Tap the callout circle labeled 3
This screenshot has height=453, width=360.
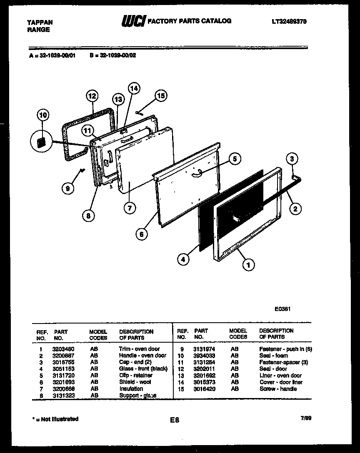(x=293, y=158)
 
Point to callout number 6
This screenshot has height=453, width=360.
(x=141, y=234)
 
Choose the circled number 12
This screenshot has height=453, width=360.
(x=92, y=96)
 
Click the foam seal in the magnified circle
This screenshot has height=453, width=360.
(x=41, y=143)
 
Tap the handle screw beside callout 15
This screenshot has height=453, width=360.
(x=139, y=112)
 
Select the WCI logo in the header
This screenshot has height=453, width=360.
(x=132, y=22)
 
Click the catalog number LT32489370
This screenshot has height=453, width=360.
(x=289, y=22)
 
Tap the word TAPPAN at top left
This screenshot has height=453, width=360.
(x=40, y=22)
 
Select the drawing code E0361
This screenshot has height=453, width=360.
(x=282, y=309)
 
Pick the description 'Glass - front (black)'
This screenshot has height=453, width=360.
(x=143, y=369)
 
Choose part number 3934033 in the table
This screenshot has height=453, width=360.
(x=204, y=356)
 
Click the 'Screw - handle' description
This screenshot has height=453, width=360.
(x=278, y=389)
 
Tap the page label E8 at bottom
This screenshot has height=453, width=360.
(x=175, y=420)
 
